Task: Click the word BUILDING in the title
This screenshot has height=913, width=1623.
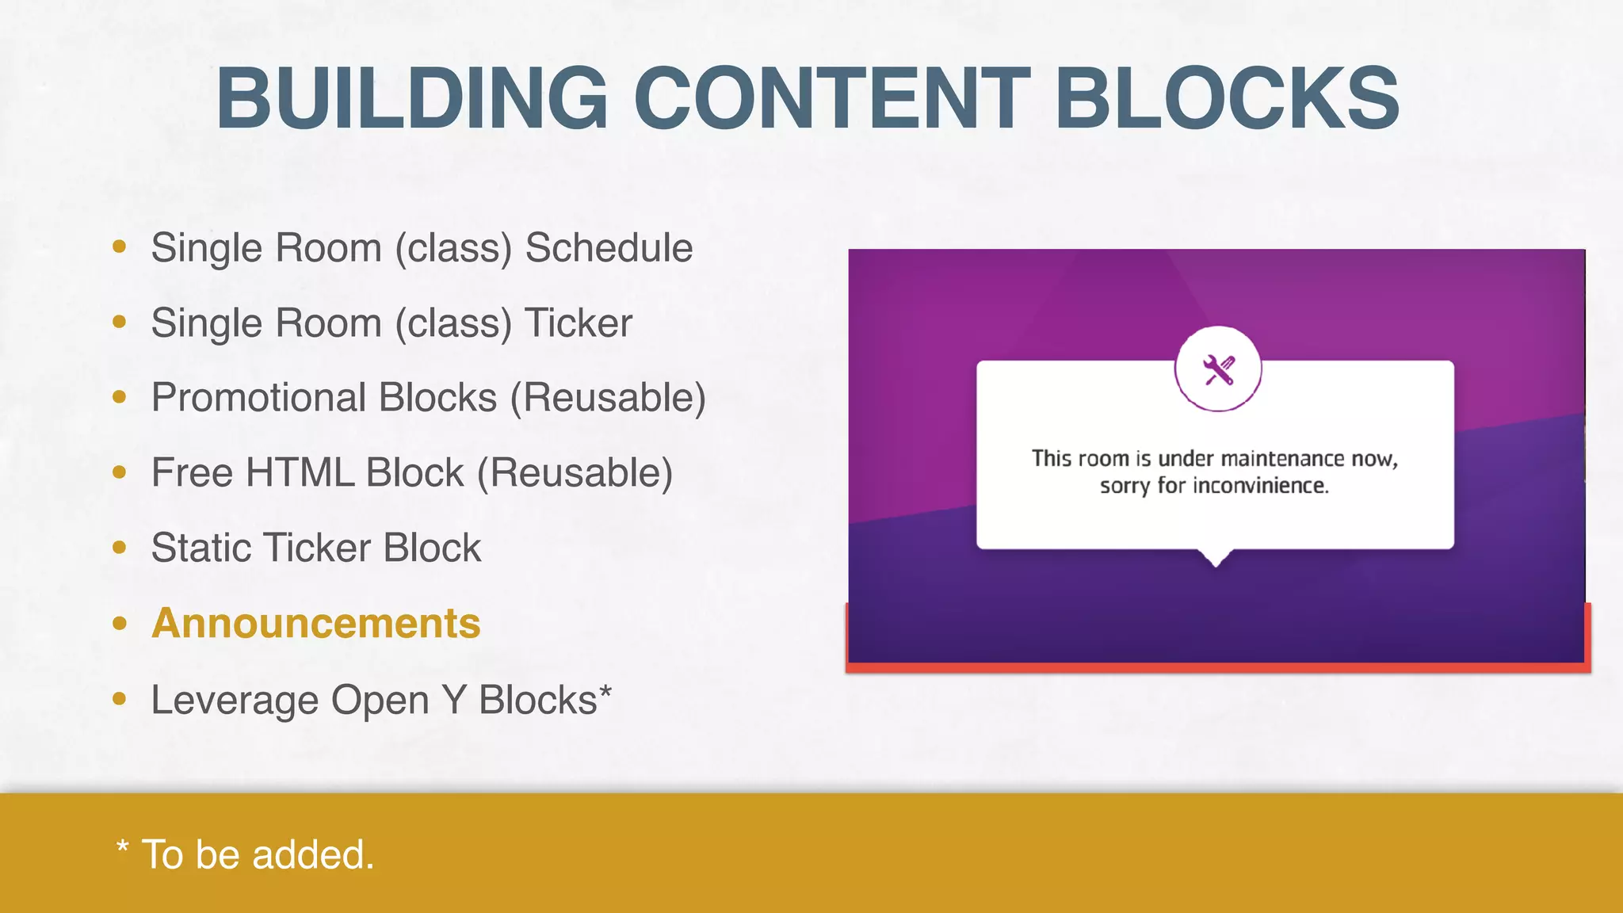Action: [x=412, y=99]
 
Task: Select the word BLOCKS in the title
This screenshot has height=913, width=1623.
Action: [x=1227, y=99]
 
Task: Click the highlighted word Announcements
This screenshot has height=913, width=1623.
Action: [x=316, y=623]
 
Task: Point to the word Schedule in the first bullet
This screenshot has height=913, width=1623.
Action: [x=609, y=248]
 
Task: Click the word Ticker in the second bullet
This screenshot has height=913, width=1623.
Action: [x=579, y=323]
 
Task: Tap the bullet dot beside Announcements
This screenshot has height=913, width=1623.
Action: [x=120, y=624]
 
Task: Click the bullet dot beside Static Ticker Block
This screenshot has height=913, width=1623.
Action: [x=120, y=548]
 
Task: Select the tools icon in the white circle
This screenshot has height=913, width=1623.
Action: [x=1218, y=369]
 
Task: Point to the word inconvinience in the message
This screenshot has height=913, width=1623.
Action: [x=1260, y=486]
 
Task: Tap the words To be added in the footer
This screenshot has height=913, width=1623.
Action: [x=258, y=855]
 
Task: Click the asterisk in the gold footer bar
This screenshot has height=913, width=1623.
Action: [x=122, y=846]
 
